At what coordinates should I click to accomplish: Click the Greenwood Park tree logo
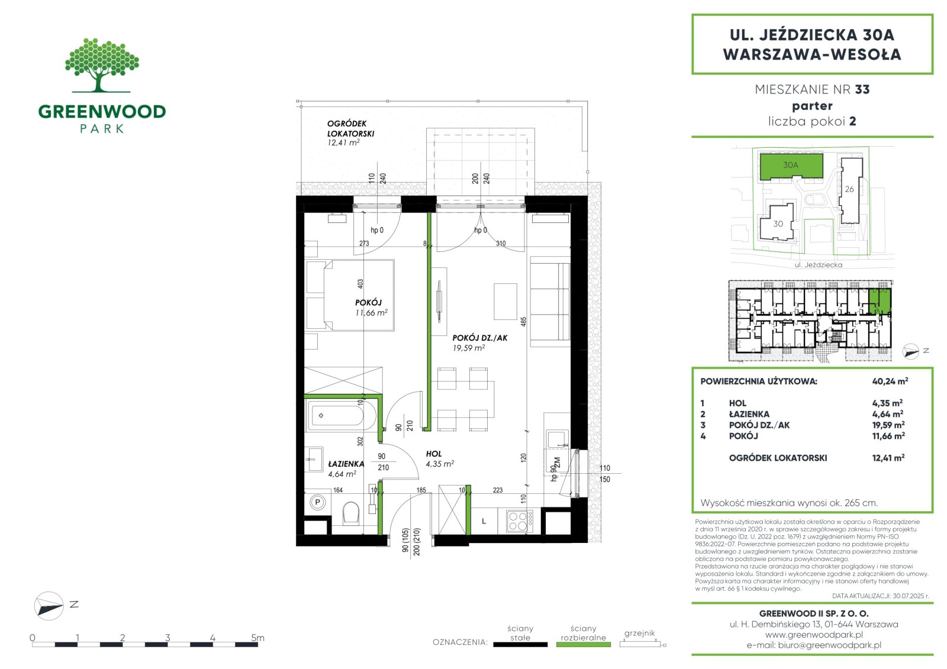click(102, 65)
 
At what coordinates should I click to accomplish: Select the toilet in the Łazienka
click(350, 513)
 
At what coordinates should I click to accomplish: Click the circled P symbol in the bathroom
click(317, 502)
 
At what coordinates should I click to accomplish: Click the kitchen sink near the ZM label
click(557, 440)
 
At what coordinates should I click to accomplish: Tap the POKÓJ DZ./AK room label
click(479, 338)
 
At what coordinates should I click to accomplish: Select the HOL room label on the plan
click(434, 454)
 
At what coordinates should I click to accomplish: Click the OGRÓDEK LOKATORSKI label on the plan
click(350, 128)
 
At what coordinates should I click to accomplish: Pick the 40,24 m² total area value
click(890, 381)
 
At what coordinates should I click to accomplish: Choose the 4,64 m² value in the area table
click(888, 413)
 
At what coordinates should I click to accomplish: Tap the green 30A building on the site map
click(791, 166)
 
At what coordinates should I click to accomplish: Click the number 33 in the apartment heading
click(862, 89)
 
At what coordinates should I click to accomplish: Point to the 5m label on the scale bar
click(257, 637)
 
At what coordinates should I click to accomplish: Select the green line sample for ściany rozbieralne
click(584, 645)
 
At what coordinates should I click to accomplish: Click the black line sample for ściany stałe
click(520, 645)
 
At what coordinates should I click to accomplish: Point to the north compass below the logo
click(49, 606)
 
